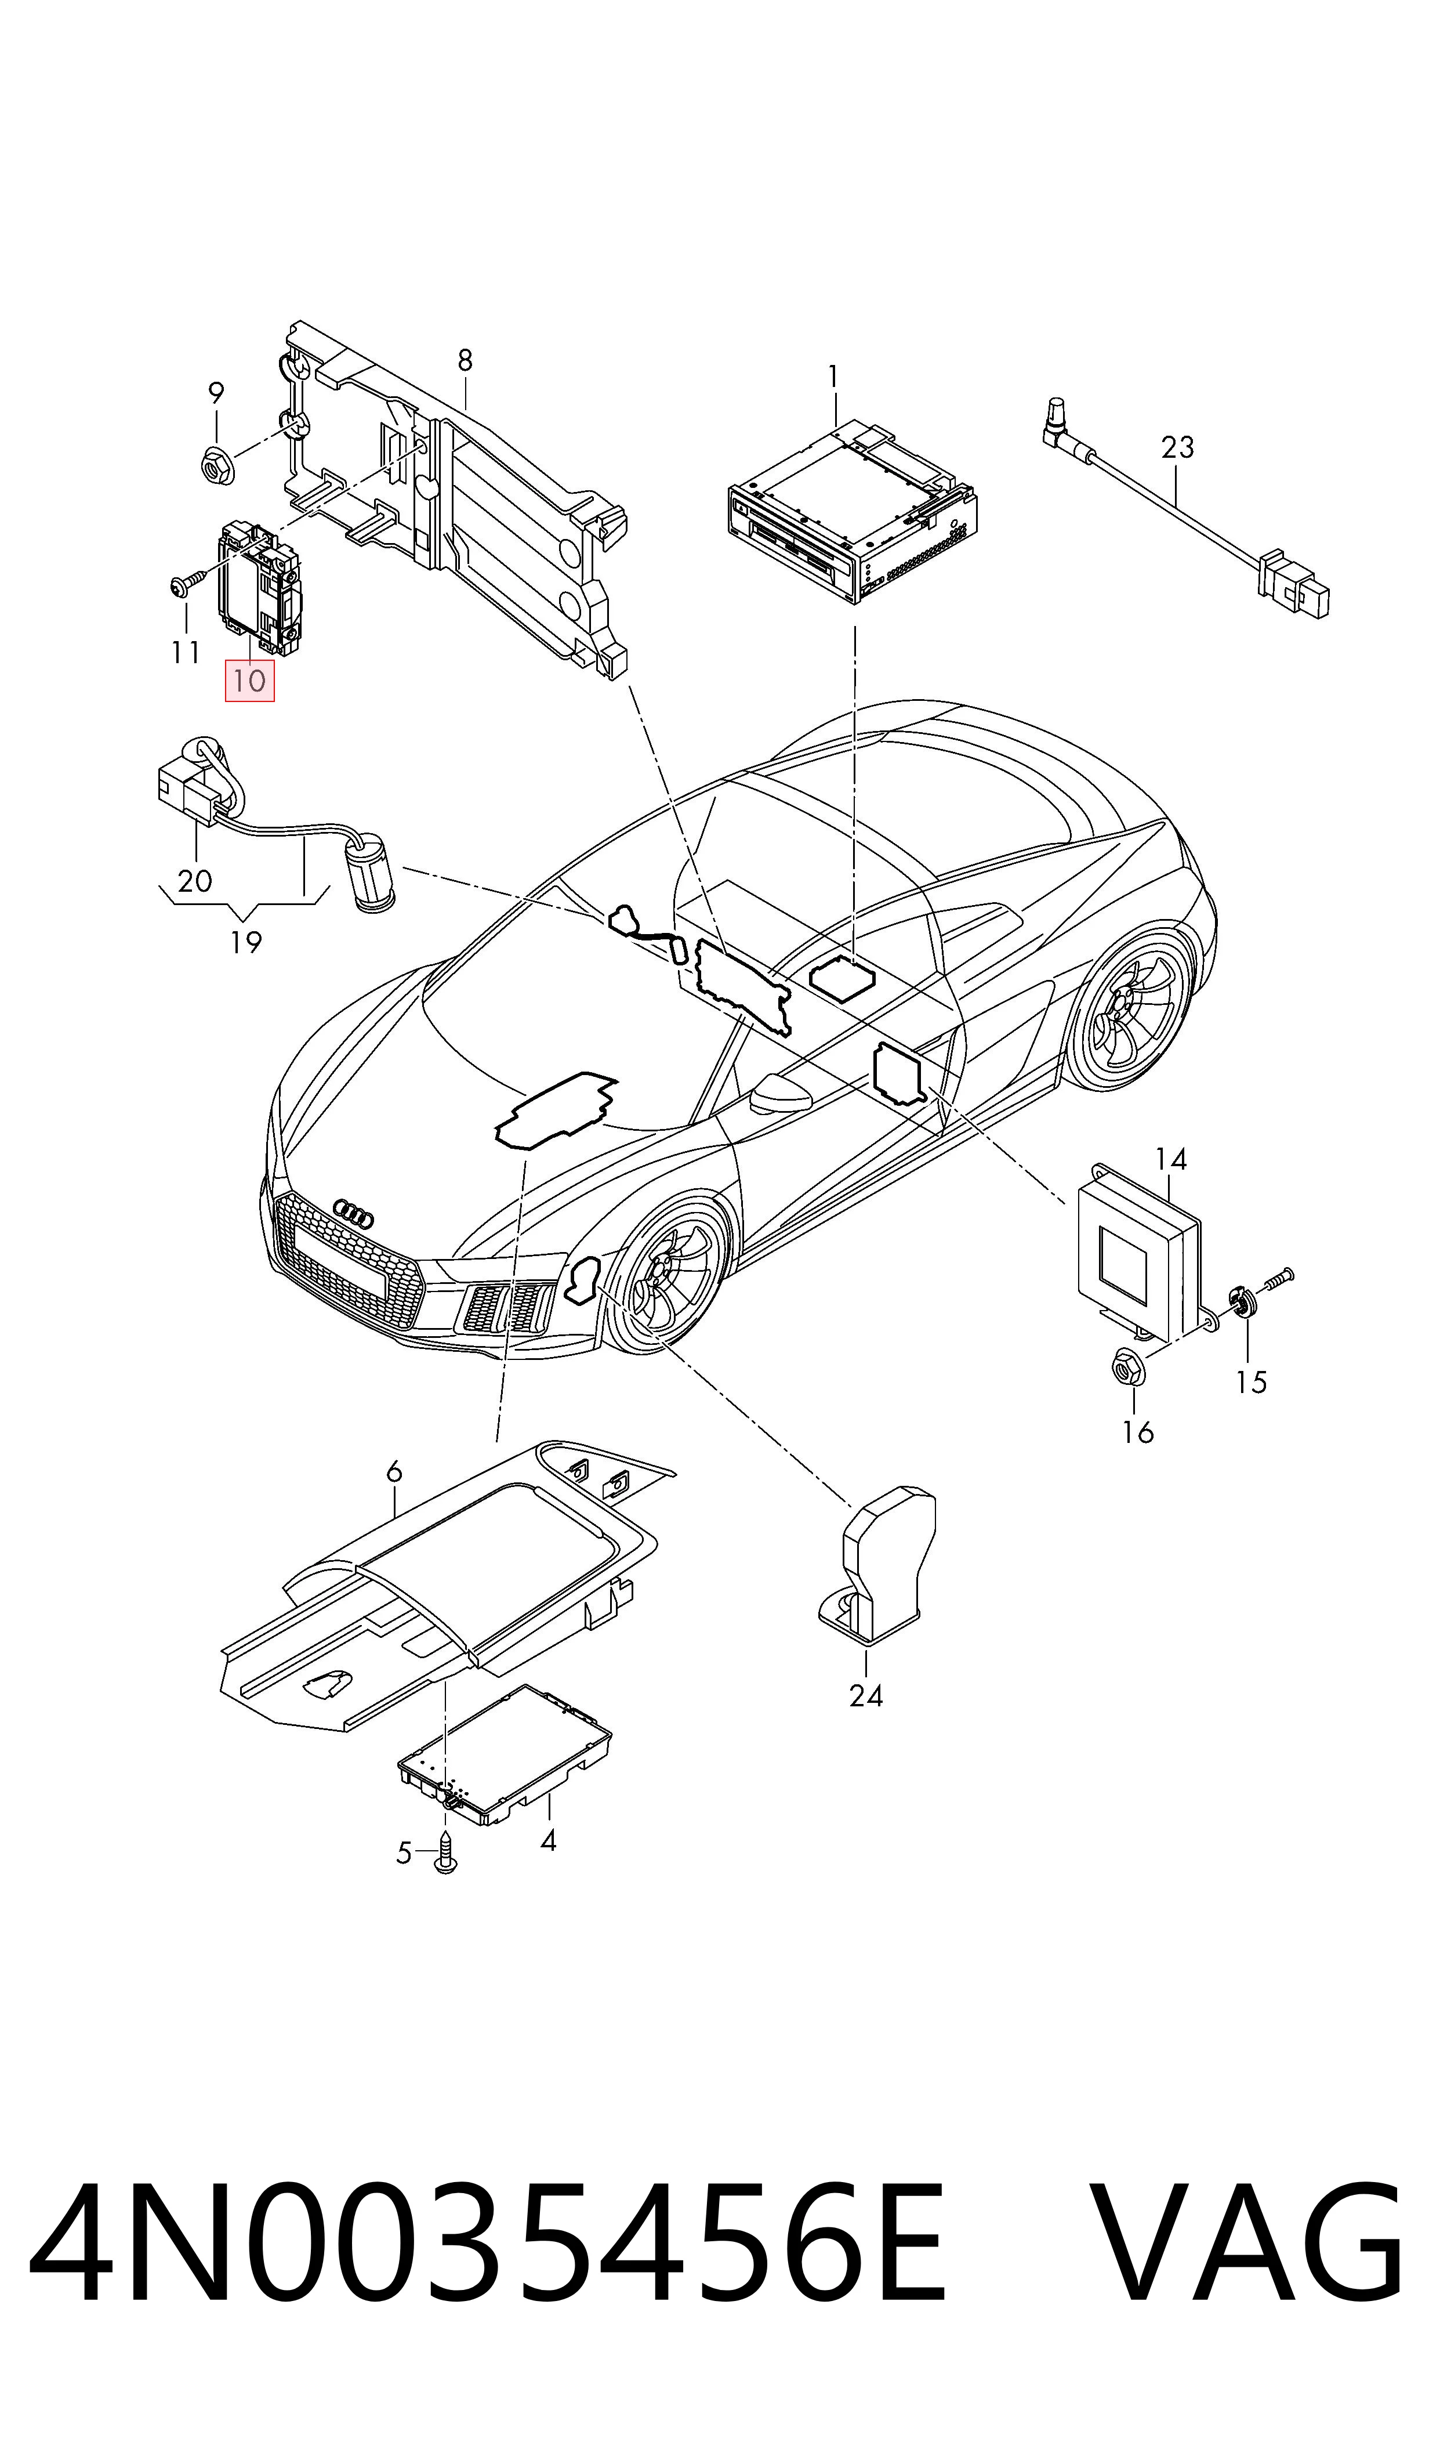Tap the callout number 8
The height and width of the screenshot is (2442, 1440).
pyautogui.click(x=465, y=360)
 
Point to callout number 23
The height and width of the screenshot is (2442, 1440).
pyautogui.click(x=1177, y=447)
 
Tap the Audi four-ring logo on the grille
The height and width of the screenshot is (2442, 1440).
pyautogui.click(x=353, y=1213)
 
